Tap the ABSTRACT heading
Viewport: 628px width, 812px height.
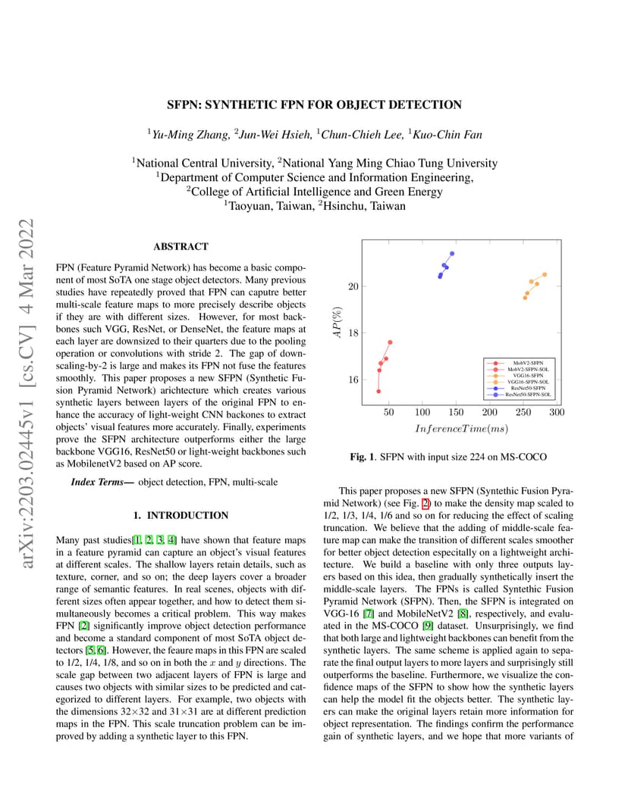[x=181, y=247]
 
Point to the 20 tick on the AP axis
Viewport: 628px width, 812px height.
[x=353, y=286]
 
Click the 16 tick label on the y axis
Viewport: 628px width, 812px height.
[x=353, y=379]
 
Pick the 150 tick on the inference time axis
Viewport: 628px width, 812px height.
[x=456, y=412]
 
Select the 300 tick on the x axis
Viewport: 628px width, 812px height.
[x=557, y=412]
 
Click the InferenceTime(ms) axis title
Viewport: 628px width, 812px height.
[x=461, y=429]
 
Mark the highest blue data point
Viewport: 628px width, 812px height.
[x=452, y=253]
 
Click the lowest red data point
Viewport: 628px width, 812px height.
[x=378, y=391]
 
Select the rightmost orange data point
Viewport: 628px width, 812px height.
[x=545, y=274]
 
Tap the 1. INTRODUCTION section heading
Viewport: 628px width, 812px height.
[x=181, y=515]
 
